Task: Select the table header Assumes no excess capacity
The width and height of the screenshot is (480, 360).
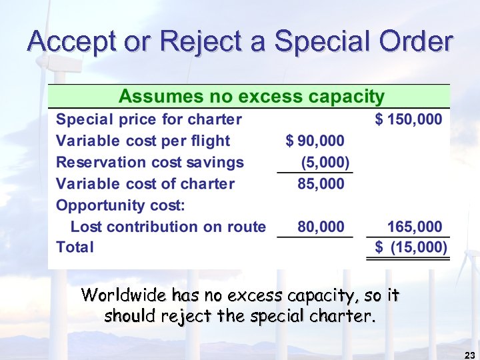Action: tap(251, 97)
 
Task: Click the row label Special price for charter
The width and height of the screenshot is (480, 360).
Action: tap(149, 120)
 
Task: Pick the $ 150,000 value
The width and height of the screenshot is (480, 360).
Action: tap(409, 120)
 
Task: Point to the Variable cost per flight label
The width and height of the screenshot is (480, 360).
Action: tap(143, 141)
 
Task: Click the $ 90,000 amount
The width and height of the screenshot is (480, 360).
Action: tap(315, 141)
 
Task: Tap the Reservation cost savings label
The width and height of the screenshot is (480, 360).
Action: tap(150, 162)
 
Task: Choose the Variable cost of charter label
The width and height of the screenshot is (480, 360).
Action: tap(145, 183)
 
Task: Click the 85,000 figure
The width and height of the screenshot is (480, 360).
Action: tap(321, 183)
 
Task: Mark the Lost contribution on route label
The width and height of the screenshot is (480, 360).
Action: tap(168, 227)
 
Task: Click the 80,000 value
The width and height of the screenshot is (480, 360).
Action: tap(321, 227)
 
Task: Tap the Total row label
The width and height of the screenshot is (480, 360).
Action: tap(75, 247)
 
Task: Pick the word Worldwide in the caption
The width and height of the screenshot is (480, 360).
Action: tap(123, 295)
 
